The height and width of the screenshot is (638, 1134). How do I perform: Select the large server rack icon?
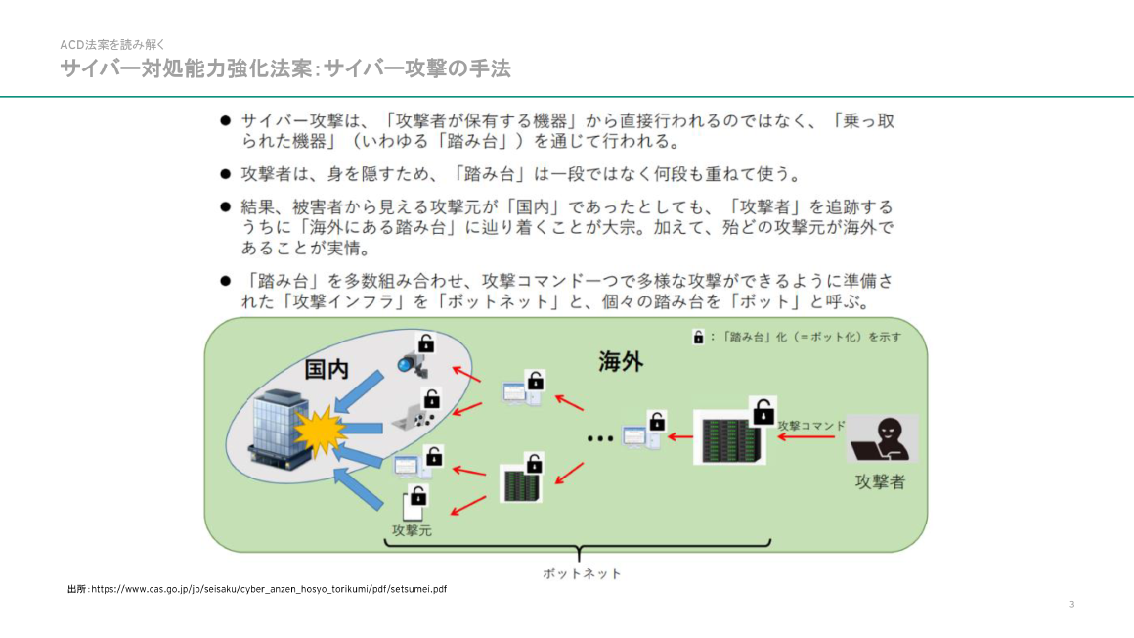(728, 436)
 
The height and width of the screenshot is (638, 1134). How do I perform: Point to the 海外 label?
(620, 362)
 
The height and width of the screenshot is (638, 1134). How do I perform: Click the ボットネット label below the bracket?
(582, 573)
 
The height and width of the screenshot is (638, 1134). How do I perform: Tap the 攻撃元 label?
(412, 530)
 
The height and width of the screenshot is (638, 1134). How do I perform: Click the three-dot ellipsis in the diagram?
(599, 438)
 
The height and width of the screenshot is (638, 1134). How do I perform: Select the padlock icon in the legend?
(699, 337)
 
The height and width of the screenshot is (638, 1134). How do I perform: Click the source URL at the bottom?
(257, 589)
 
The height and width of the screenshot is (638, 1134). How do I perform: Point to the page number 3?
(1071, 604)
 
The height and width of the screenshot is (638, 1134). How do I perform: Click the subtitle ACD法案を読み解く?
(112, 44)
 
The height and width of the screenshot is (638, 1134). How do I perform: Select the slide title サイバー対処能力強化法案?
(284, 69)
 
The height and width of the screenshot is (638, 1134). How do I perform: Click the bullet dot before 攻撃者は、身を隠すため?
(225, 174)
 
